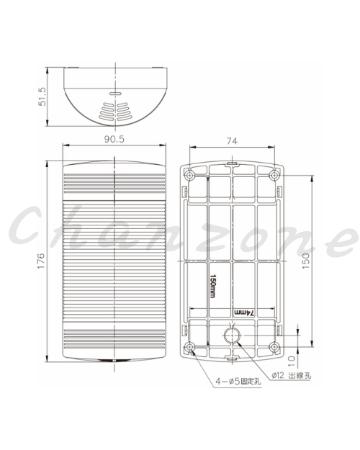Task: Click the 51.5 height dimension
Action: (42, 96)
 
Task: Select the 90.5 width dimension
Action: (114, 139)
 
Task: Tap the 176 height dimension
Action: (41, 261)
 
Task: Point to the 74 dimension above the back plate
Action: (232, 141)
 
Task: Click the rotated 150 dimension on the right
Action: (306, 261)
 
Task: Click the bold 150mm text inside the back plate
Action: (212, 286)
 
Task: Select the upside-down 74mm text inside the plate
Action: (244, 312)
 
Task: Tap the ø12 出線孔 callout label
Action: (291, 375)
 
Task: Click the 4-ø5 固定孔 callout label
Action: (238, 382)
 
